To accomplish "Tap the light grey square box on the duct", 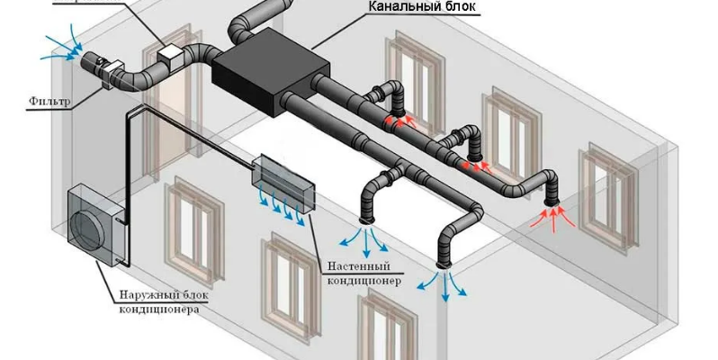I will click(x=171, y=56).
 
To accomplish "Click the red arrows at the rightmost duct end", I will click(x=551, y=217).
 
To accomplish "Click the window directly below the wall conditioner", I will click(x=287, y=274).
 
